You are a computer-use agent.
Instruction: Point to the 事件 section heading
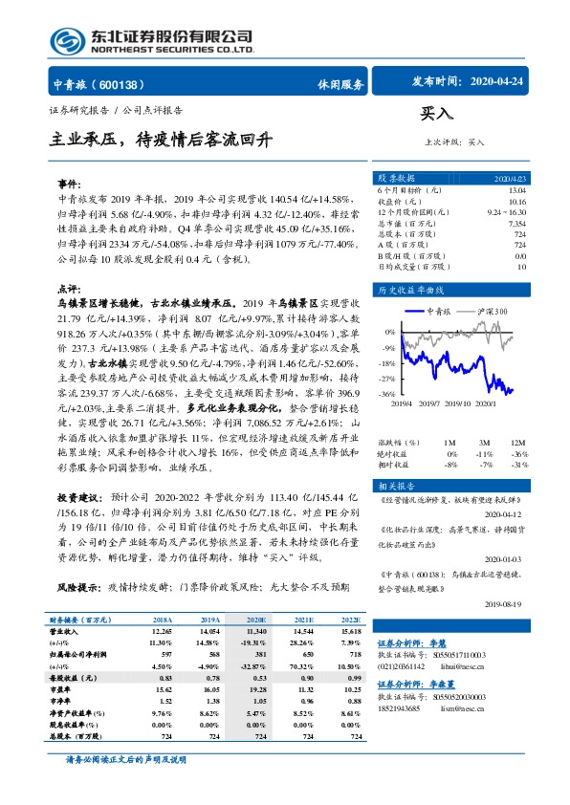pyautogui.click(x=70, y=183)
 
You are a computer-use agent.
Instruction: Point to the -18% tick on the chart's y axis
pyautogui.click(x=386, y=363)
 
